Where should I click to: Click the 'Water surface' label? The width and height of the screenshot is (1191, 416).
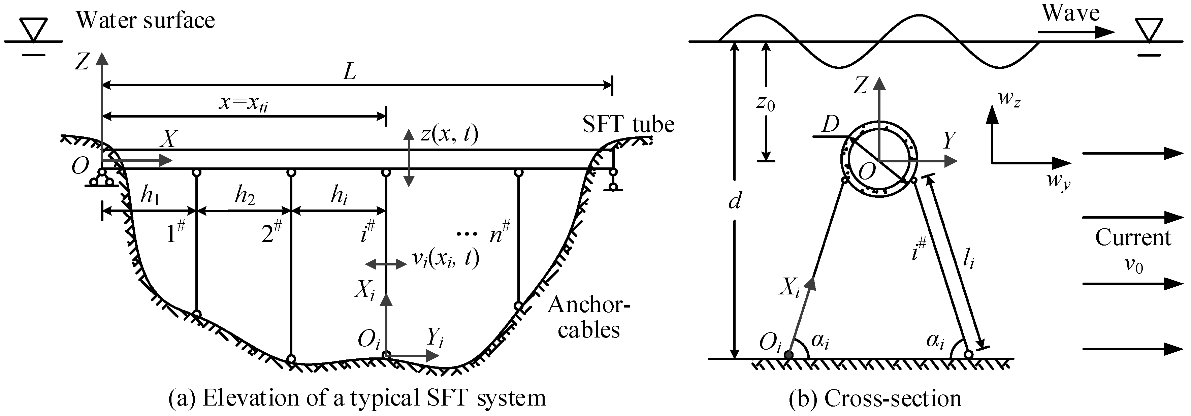145,21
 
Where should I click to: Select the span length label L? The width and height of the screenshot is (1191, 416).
350,72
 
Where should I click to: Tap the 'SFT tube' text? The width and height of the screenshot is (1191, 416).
628,124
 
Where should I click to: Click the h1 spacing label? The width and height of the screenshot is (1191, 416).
150,196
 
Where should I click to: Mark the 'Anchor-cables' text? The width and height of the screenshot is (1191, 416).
588,318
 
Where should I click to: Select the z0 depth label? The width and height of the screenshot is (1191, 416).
766,103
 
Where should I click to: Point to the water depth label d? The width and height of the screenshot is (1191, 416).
734,201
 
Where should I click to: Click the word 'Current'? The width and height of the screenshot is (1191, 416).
1133,238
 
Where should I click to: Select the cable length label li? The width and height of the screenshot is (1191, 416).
969,261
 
